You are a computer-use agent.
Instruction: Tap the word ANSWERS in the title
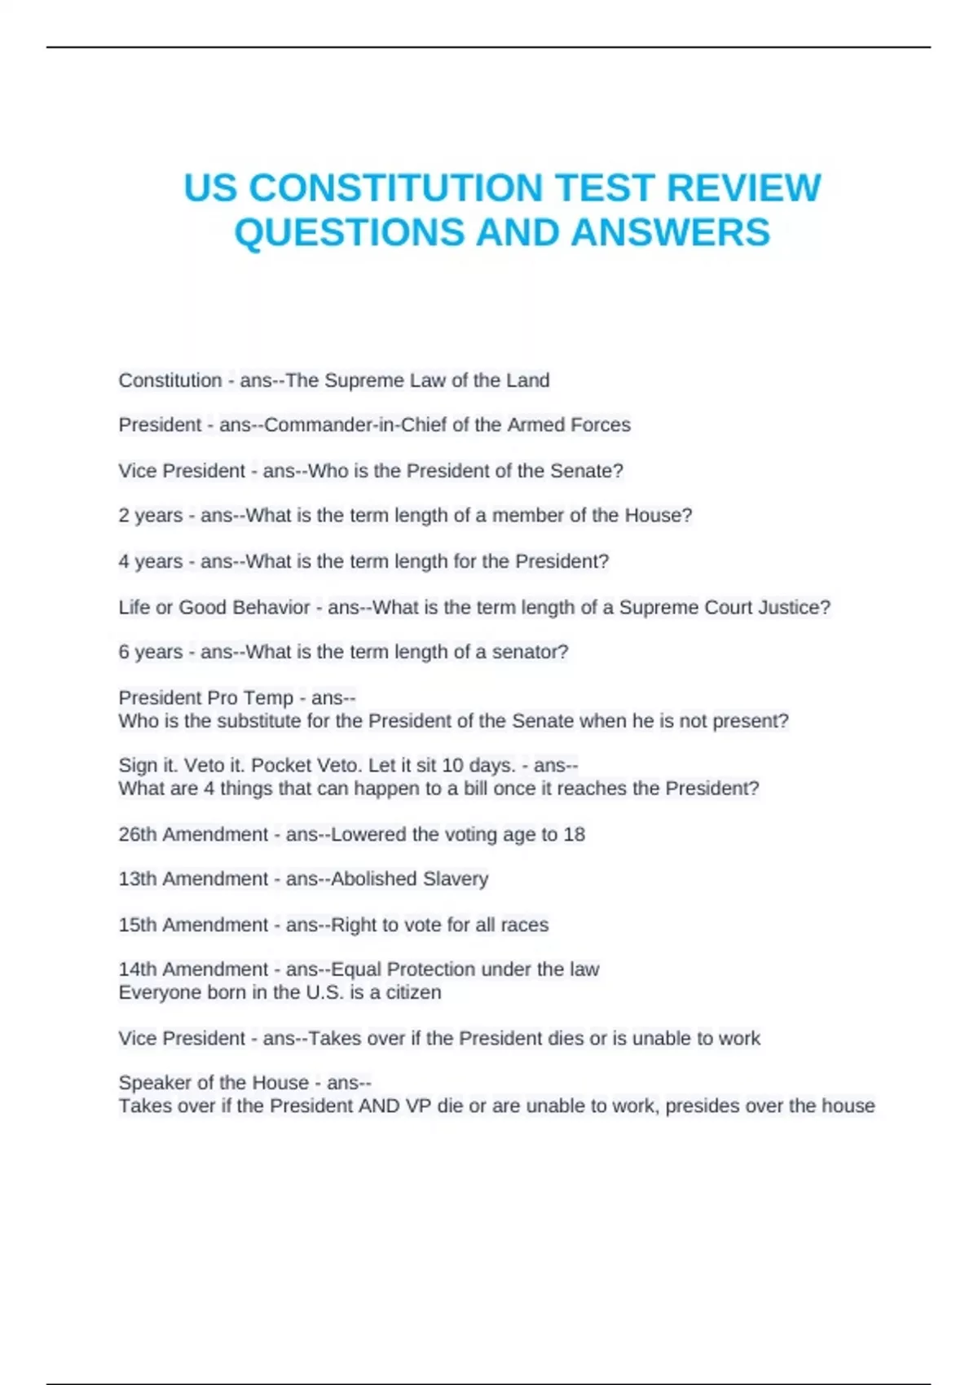pos(670,233)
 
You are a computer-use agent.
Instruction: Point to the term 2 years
pos(151,516)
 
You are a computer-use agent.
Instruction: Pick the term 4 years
pos(151,561)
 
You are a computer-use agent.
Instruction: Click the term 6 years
pos(151,652)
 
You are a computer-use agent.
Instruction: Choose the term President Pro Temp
pos(205,698)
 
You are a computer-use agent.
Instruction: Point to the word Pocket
pos(279,766)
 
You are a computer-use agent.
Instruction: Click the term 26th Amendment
pos(193,834)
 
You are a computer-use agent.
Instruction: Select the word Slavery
pos(456,879)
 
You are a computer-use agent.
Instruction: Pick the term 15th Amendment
pos(193,925)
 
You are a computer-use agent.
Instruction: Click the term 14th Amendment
pos(193,969)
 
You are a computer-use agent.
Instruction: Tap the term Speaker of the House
pos(214,1083)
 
